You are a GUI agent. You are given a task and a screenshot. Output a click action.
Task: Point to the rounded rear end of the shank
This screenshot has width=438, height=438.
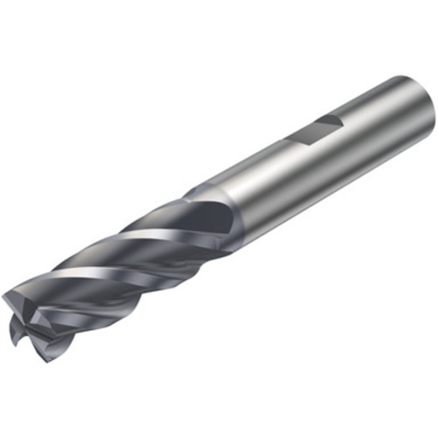point(416,104)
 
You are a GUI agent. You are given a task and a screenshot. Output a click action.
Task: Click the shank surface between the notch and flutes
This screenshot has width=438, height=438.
point(257,181)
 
